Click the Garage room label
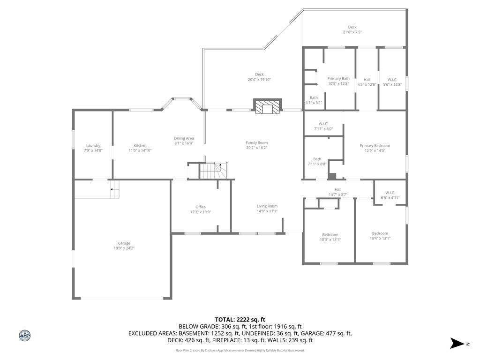[124, 243]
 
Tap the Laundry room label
[93, 145]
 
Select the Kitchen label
[140, 145]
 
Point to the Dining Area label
[184, 138]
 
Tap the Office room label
[200, 207]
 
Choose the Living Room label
[267, 206]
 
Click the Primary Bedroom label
[375, 145]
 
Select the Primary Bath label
[338, 79]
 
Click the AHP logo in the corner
[25, 335]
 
